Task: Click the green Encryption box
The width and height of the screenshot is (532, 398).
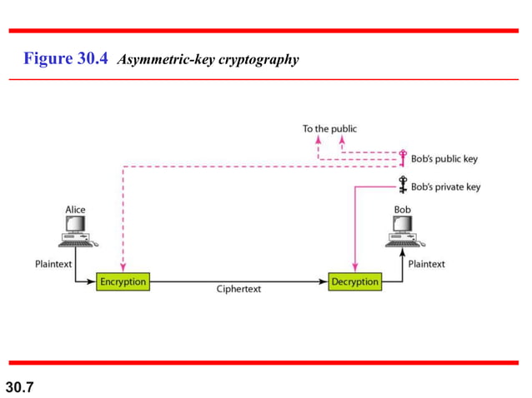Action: coord(123,281)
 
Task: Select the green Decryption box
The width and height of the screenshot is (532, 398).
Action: coord(354,281)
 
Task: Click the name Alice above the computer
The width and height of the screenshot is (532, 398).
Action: coord(75,209)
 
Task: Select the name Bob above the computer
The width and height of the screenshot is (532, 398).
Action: coord(402,209)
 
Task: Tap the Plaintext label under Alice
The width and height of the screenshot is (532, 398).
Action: coord(53,264)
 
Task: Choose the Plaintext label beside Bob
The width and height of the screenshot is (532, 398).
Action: coord(426,264)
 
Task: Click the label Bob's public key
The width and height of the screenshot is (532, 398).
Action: coord(444,159)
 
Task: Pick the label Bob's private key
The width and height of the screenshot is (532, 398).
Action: coord(445,187)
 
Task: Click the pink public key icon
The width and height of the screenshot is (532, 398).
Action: coord(402,157)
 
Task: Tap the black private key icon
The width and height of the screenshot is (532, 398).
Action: coord(402,187)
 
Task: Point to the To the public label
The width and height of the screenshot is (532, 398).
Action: coord(329,129)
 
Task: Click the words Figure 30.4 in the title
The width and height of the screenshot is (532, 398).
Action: coord(67,59)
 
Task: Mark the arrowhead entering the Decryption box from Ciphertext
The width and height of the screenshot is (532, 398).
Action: coord(324,281)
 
